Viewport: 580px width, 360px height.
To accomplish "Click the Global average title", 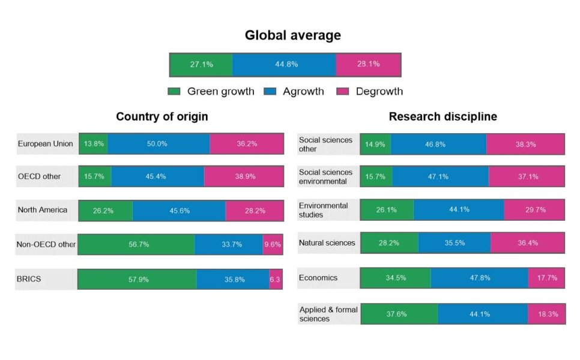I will [292, 35].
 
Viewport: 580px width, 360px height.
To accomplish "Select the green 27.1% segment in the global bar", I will [201, 64].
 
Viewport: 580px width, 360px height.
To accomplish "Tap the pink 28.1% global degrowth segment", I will [368, 64].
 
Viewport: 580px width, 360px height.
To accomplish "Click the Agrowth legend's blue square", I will [270, 92].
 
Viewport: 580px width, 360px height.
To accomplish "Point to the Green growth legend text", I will [220, 92].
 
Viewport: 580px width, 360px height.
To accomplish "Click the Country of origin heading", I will [162, 116].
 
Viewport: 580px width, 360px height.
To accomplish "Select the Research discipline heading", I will [443, 116].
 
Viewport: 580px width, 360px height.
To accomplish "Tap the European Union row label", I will [46, 144].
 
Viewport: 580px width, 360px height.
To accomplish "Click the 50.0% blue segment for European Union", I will [159, 144].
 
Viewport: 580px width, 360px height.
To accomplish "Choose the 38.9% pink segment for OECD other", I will [243, 177].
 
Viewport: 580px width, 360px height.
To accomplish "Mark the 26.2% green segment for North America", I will [105, 211].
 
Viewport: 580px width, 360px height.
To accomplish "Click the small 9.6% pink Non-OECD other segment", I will [272, 244].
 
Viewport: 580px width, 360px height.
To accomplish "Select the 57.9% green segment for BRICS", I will [137, 280].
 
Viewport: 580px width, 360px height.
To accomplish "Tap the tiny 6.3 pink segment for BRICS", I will [276, 280].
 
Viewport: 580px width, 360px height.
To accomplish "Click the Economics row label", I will [318, 278].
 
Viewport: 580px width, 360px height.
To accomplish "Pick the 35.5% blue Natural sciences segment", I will [454, 243].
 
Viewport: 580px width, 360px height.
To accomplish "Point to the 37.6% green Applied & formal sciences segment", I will [399, 314].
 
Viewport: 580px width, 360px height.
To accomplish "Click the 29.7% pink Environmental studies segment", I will [534, 210].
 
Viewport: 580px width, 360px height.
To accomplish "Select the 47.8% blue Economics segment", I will [479, 278].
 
